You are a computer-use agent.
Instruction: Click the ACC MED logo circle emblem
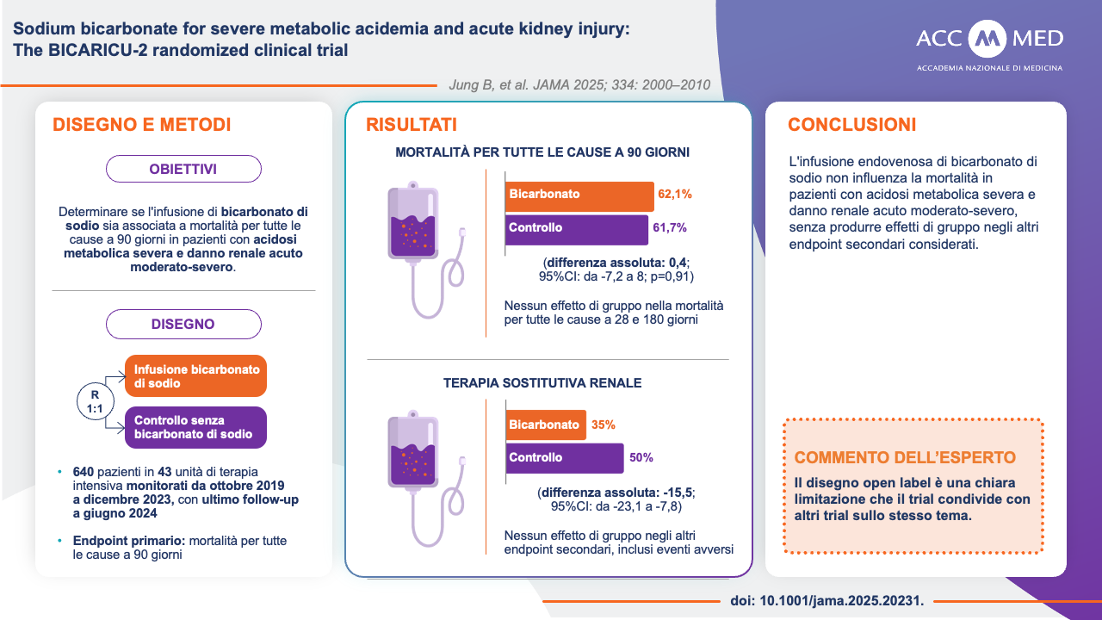point(987,39)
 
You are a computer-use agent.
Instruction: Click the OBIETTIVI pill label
point(183,169)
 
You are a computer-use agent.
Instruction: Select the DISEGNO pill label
point(183,324)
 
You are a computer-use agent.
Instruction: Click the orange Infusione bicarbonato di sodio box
point(196,375)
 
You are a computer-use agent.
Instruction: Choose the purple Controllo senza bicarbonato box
point(196,427)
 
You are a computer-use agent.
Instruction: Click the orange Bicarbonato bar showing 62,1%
point(579,195)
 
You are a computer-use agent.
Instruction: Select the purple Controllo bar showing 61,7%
point(576,229)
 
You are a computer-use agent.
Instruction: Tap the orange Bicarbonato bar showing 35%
point(545,425)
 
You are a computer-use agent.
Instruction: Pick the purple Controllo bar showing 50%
point(564,458)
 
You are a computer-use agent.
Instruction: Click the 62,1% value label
point(675,195)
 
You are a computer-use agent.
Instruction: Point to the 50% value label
point(641,458)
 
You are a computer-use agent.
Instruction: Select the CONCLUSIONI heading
point(851,125)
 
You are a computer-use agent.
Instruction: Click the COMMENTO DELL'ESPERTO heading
point(905,457)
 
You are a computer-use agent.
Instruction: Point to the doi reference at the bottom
point(826,601)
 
